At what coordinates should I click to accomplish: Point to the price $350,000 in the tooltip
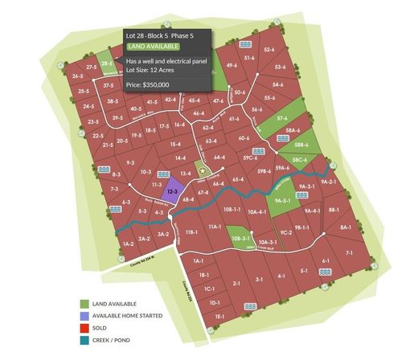coord(148,84)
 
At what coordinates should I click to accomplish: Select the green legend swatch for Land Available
coord(84,303)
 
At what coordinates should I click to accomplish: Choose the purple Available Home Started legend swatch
coord(84,316)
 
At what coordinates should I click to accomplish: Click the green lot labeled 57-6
coord(282,118)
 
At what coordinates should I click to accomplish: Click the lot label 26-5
coord(79,76)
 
